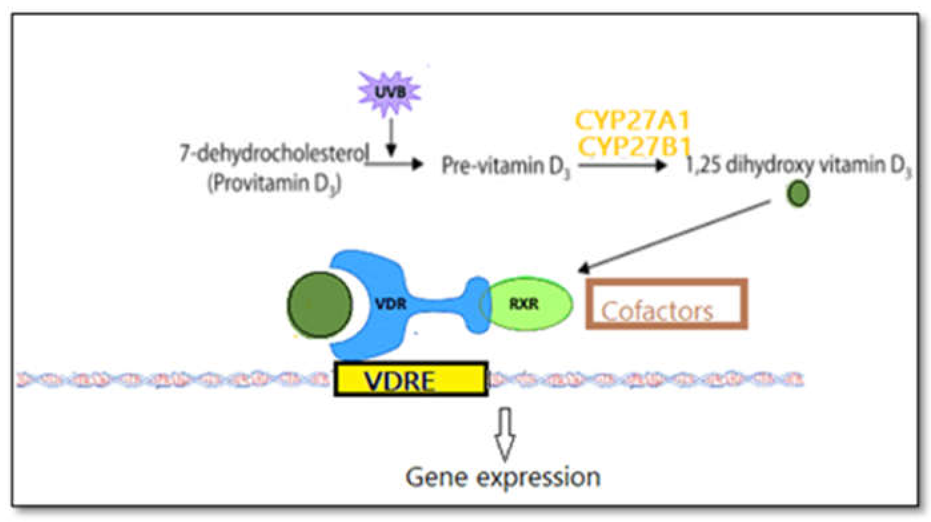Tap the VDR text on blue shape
[x=391, y=304]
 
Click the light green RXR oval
[x=528, y=304]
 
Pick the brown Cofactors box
[x=666, y=304]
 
